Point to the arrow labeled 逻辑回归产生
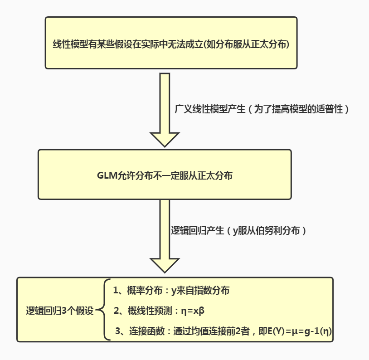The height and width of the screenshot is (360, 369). coord(165,236)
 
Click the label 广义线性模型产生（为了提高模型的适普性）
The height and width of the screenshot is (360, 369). coord(262,110)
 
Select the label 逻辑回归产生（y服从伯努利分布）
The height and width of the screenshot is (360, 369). coord(238,231)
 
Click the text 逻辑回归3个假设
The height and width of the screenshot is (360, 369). coord(59,311)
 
